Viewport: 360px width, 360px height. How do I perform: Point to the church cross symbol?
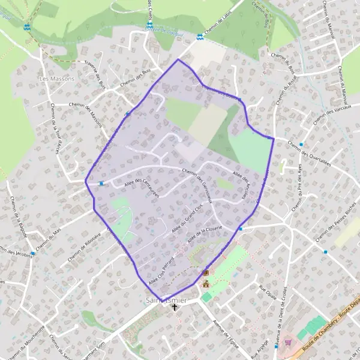pos(175,307)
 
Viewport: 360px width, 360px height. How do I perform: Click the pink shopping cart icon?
pos(288,343)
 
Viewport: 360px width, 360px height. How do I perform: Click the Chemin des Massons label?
pos(88,111)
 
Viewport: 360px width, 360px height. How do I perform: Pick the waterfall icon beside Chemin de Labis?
pos(200,37)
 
